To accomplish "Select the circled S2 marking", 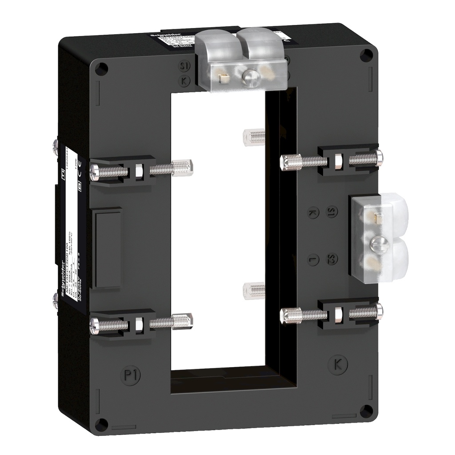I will click(331, 259).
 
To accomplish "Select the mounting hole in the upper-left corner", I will click(101, 68).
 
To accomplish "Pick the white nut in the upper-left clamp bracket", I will click(138, 170).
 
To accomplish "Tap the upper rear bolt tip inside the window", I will click(256, 136).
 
